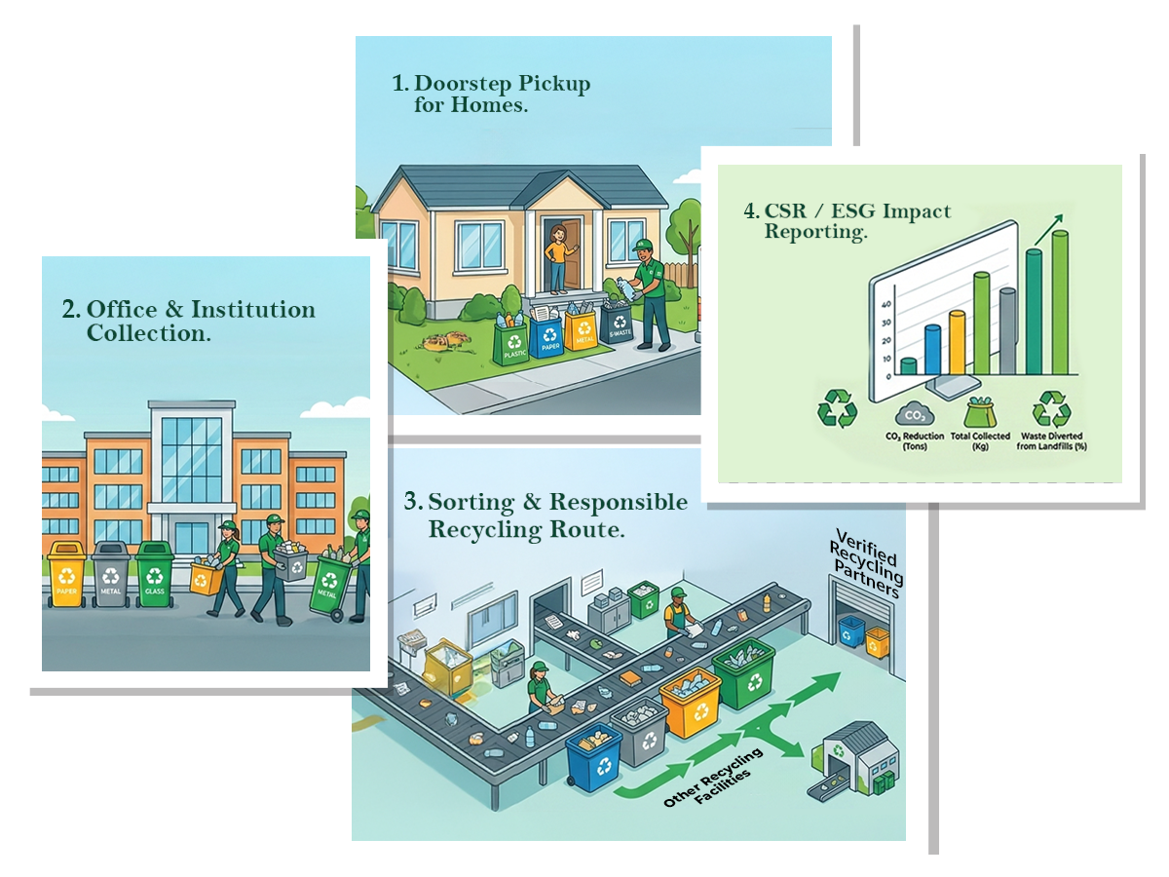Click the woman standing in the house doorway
tap(557, 257)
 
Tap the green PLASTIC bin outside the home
tap(510, 343)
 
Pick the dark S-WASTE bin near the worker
tap(617, 326)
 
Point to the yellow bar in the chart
tap(957, 343)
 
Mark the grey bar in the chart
tap(1007, 331)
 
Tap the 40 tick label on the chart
tap(886, 303)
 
